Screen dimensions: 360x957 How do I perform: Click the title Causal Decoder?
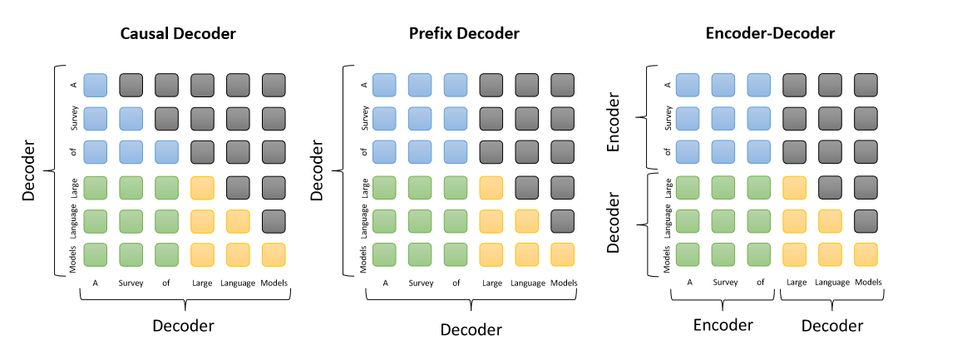[x=178, y=34]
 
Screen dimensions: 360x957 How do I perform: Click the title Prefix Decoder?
[x=464, y=34]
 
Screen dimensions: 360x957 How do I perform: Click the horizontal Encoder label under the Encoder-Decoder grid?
[x=723, y=324]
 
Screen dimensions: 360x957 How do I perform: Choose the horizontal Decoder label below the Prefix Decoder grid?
[x=471, y=329]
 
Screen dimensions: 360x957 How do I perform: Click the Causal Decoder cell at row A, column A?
[x=96, y=85]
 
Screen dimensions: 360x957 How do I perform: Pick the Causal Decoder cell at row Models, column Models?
[x=274, y=254]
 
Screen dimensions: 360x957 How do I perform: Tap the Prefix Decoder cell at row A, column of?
[x=456, y=85]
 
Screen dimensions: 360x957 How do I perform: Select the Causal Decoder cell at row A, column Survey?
[x=131, y=85]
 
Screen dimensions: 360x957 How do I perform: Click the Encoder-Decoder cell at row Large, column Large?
[x=797, y=186]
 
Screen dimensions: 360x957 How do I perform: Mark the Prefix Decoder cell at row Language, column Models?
[x=563, y=220]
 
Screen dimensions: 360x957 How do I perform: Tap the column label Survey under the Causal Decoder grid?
[x=131, y=283]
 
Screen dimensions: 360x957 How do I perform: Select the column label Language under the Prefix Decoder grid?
[x=528, y=283]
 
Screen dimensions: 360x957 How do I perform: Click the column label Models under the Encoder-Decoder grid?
[x=867, y=283]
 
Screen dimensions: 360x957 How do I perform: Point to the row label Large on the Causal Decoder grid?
[x=73, y=186]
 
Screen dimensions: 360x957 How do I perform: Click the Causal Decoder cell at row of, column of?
[x=167, y=152]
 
